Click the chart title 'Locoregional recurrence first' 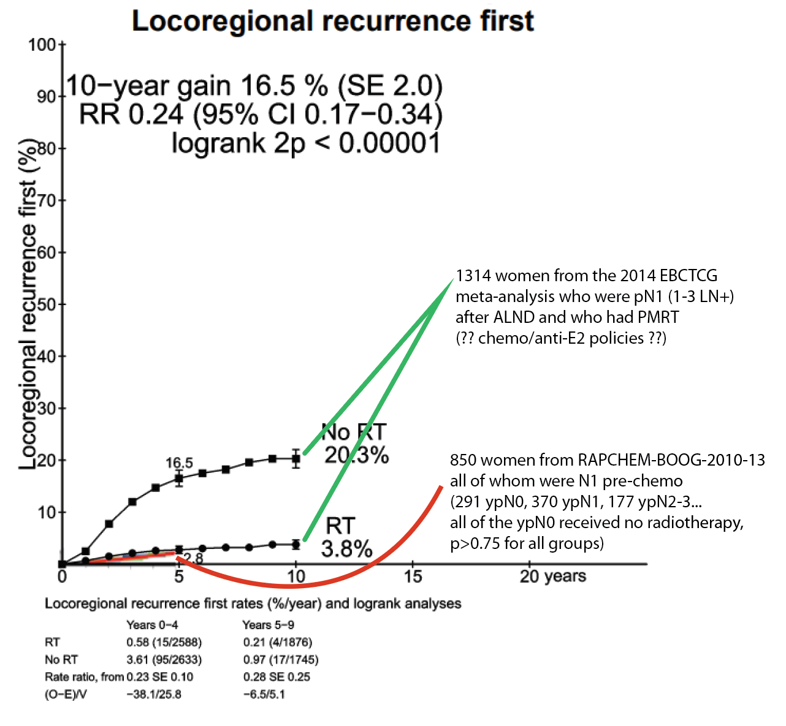point(333,21)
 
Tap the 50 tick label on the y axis point(46,304)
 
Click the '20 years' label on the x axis point(552,576)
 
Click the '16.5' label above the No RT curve point(179,463)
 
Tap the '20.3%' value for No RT point(357,455)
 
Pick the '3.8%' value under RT point(346,549)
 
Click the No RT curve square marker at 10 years point(296,458)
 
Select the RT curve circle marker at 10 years point(296,544)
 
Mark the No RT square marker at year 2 point(109,524)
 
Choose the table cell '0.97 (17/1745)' point(281,660)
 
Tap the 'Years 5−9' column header point(268,625)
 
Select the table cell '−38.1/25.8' point(154,694)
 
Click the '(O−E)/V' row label point(66,695)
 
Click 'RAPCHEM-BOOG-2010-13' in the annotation point(671,460)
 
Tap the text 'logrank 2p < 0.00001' point(306,143)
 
